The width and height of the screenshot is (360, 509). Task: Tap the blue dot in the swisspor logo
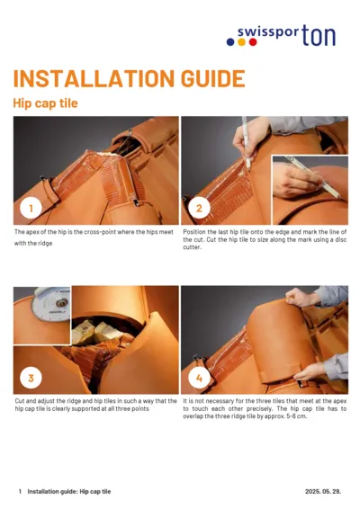[230, 41]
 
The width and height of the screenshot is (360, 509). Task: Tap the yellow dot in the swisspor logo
[242, 41]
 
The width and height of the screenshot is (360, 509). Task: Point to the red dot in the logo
[254, 41]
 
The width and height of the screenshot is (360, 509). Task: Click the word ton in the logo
[322, 34]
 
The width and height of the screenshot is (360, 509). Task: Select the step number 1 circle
[31, 209]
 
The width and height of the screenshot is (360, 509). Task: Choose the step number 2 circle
[198, 209]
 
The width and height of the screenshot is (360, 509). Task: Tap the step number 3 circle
[31, 377]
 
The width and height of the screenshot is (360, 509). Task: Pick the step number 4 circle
[198, 377]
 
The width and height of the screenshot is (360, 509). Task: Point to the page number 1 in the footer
[20, 492]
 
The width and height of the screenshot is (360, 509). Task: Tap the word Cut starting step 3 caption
[20, 401]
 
